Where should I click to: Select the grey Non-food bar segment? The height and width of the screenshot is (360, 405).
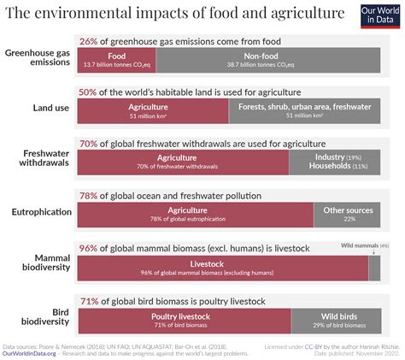(269, 58)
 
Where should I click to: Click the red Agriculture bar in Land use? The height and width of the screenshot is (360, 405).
(152, 111)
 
